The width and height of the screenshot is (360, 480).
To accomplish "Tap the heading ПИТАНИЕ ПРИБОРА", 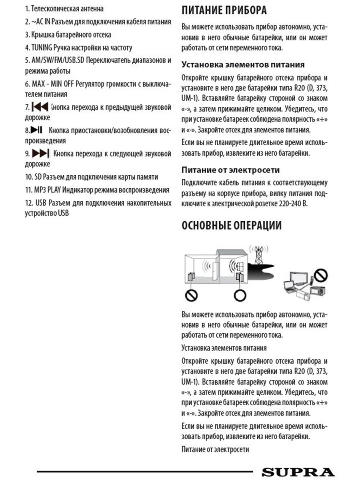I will (x=224, y=10).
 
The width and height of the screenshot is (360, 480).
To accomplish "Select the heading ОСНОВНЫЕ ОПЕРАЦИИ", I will (x=232, y=225).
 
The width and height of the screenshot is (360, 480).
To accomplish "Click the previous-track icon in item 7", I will (x=40, y=107).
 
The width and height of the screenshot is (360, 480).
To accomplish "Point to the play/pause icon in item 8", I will (x=36, y=130).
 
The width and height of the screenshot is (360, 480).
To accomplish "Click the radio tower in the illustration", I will (x=259, y=255).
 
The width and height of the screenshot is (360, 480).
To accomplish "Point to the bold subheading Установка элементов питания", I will (x=243, y=64).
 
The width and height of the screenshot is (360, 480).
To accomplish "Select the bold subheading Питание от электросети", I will (x=231, y=170).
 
